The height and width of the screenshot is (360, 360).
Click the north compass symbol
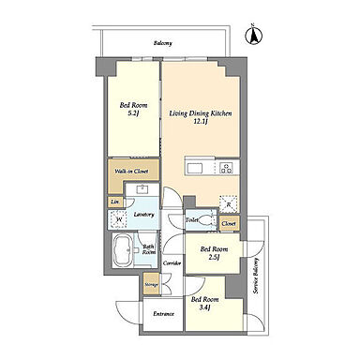pos(253,36)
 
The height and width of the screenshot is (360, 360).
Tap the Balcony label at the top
pos(163,43)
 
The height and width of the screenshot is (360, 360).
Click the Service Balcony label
pos(256,276)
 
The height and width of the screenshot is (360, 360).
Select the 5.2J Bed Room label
pos(133,109)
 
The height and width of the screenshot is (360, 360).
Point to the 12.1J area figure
pos(201,121)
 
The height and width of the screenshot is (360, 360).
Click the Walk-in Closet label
pos(131,172)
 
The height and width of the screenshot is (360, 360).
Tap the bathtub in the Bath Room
pos(122,250)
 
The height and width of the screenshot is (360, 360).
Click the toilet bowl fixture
pos(207,220)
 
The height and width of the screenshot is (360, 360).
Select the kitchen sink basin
pos(195,168)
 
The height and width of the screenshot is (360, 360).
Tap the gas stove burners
pos(226,168)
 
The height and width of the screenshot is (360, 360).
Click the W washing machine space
pos(118,219)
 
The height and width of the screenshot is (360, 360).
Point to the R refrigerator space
pos(229,204)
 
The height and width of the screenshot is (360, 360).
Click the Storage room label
pos(151,285)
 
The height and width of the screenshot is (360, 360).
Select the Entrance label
pos(163,314)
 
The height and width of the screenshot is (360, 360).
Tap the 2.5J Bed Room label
pos(214,253)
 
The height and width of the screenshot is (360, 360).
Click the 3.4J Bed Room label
pos(204,303)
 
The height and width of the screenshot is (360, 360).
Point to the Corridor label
pos(172,263)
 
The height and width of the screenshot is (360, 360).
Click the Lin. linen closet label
pos(115,202)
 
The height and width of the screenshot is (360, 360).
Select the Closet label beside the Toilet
pos(229,224)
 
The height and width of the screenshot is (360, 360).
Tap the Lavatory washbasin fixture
pos(143,188)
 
